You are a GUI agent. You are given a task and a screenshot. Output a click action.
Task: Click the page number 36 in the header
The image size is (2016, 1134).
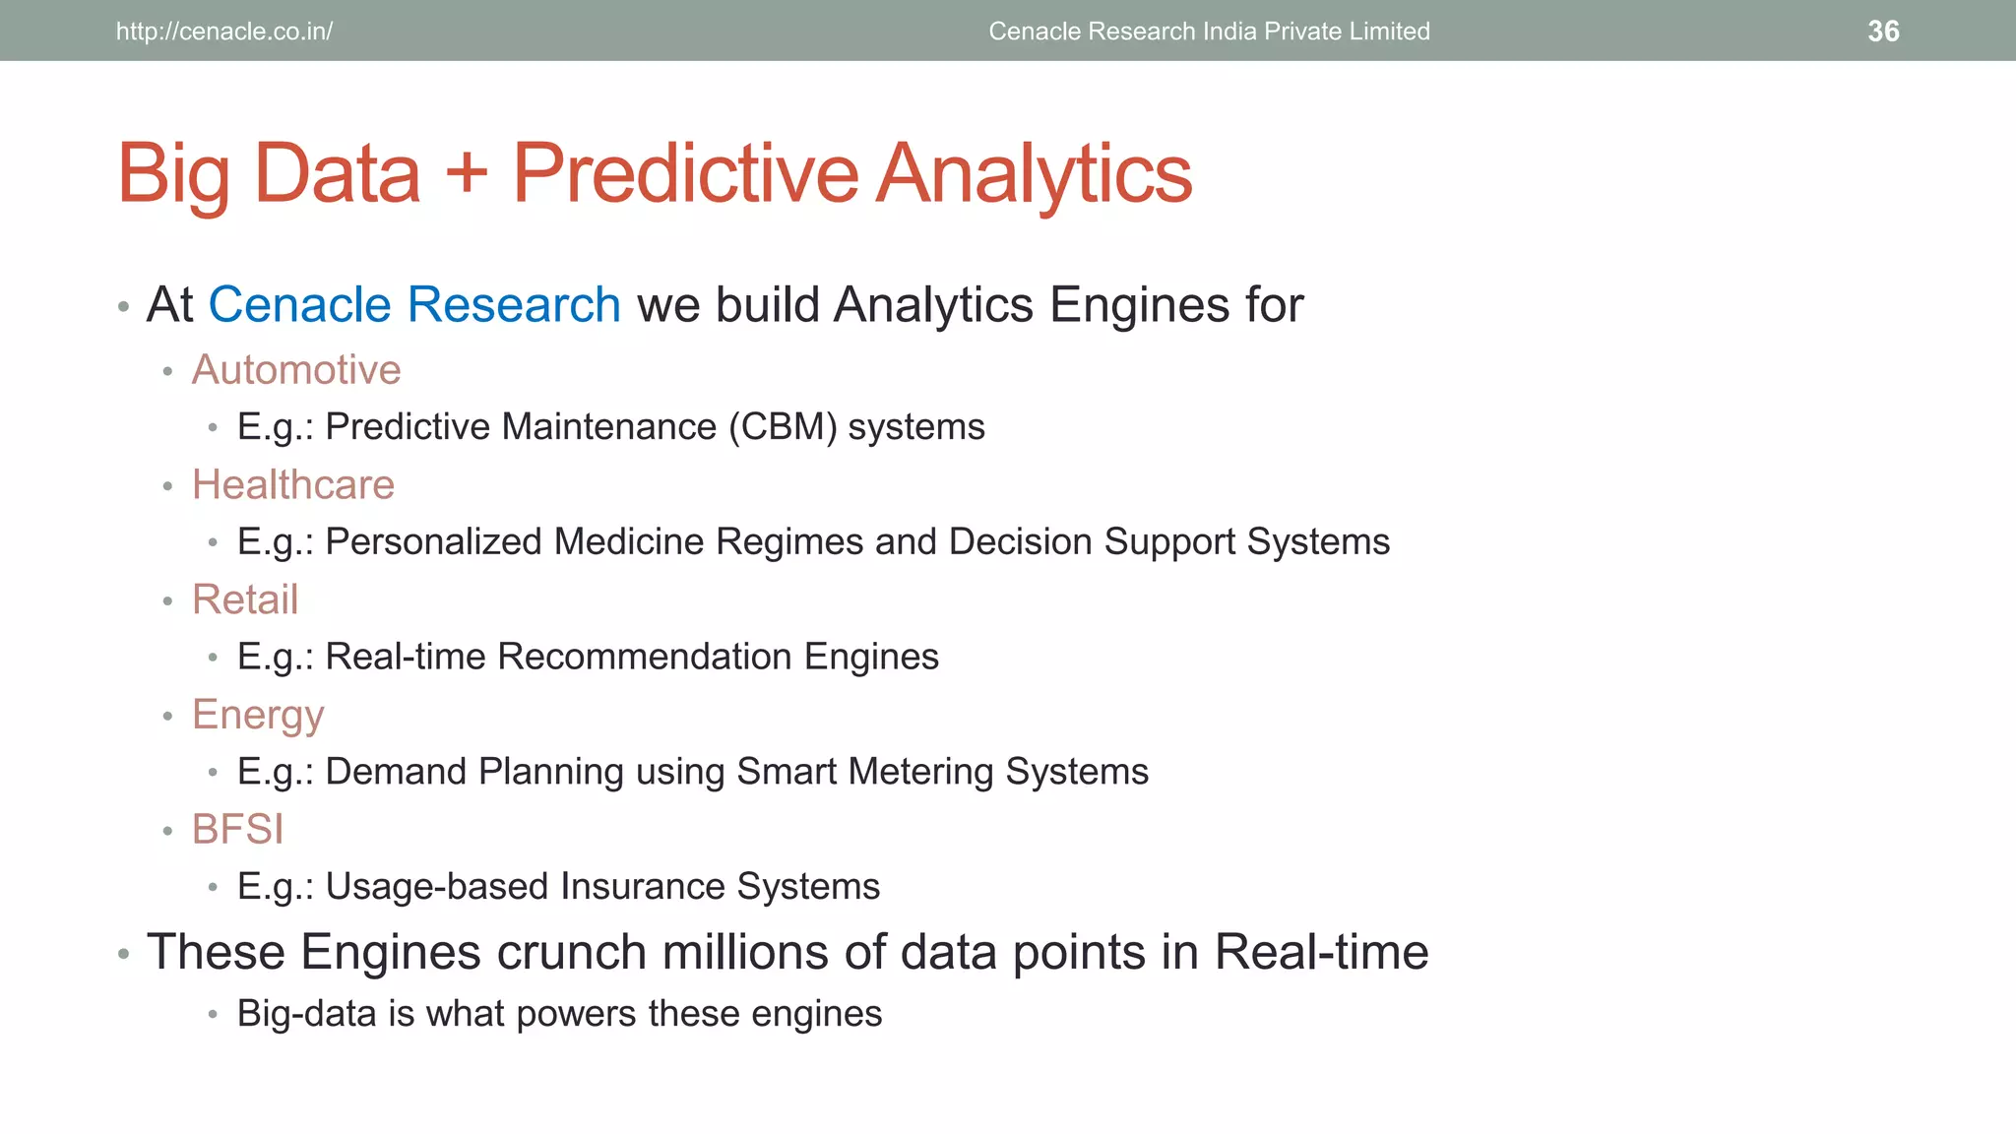[1882, 31]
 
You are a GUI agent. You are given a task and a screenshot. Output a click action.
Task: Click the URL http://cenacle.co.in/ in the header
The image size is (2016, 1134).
[224, 31]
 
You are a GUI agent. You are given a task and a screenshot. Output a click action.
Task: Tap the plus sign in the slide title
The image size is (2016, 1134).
[467, 173]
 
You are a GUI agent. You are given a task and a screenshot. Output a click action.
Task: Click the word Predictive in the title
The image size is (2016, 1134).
[685, 173]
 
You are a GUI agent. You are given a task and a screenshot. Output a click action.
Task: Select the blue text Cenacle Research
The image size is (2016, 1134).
[414, 305]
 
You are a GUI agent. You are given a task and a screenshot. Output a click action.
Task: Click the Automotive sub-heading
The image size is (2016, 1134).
[296, 370]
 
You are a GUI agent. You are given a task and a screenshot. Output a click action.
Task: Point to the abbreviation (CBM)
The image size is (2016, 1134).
[783, 427]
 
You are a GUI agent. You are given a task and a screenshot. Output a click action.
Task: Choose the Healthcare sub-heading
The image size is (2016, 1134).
[293, 485]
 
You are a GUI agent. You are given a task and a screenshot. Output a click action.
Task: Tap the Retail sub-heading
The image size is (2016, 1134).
[245, 599]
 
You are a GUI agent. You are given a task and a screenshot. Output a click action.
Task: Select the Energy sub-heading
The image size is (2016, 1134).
[258, 716]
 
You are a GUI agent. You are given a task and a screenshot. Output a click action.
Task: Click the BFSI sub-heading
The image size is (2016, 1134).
[237, 830]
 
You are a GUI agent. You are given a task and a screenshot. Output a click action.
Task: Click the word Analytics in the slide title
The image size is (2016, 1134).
[1034, 173]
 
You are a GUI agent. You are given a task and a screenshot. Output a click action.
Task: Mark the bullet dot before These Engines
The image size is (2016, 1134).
[124, 954]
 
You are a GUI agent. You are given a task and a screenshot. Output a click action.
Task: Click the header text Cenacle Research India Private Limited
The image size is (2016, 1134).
[1209, 31]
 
